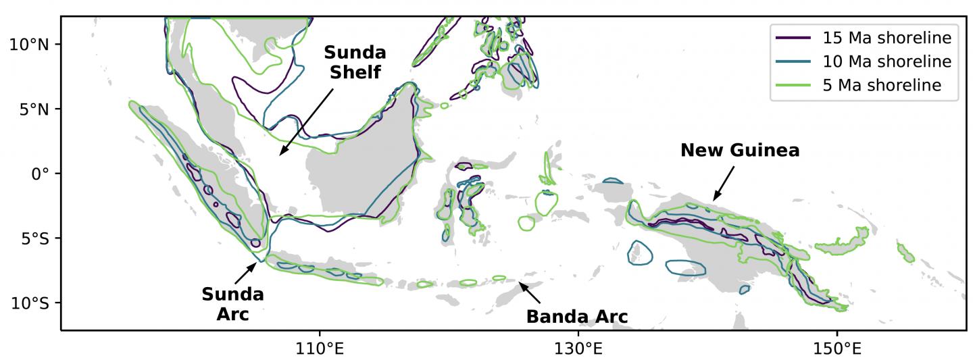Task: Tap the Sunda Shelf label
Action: (355, 62)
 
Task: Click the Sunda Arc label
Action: (233, 304)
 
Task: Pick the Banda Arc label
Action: (577, 316)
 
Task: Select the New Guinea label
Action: (740, 150)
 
